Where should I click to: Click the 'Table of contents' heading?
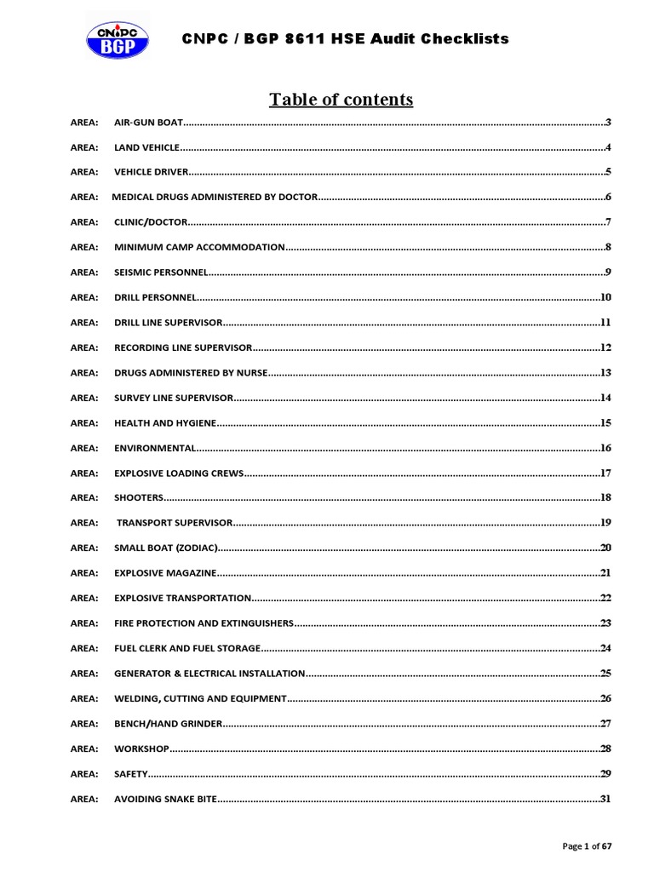341,100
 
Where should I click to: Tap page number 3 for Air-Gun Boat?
609,123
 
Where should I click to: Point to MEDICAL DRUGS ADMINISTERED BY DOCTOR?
215,198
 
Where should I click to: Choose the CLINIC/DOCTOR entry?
149,222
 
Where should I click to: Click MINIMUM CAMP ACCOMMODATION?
199,247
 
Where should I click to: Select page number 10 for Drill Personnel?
606,297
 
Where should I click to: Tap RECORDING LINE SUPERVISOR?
183,348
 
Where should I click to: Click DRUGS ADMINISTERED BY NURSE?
191,373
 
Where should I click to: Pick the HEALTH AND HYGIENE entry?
164,422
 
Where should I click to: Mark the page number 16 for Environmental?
606,447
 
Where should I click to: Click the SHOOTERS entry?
138,497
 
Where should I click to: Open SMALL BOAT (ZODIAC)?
166,548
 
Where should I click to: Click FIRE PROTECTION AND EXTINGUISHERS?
204,623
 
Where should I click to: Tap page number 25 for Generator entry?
606,673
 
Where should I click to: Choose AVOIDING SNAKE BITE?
165,799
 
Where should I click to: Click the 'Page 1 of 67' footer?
588,846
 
